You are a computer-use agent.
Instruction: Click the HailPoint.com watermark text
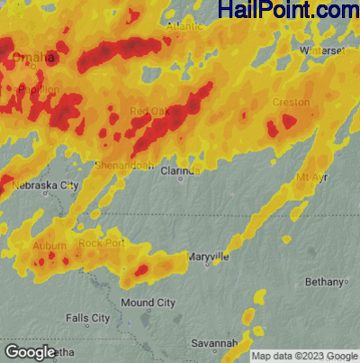click(x=288, y=11)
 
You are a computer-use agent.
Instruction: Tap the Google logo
click(x=31, y=351)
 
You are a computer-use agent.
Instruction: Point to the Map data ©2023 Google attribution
click(x=304, y=356)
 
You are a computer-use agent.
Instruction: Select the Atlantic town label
click(x=184, y=28)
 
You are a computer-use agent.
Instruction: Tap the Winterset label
click(x=322, y=50)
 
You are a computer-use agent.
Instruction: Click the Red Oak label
click(x=148, y=112)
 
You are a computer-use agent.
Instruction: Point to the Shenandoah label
click(x=126, y=166)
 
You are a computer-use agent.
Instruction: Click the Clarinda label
click(x=181, y=168)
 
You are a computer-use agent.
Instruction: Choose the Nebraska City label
click(x=45, y=185)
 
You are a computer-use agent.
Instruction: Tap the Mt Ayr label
click(x=312, y=178)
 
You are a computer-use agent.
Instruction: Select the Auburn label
click(x=45, y=245)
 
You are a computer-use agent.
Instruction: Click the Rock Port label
click(x=101, y=243)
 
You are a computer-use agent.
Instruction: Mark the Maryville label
click(x=208, y=257)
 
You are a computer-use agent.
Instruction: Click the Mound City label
click(x=148, y=303)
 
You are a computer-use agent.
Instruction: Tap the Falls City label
click(x=88, y=318)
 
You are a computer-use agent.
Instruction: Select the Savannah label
click(x=213, y=343)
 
